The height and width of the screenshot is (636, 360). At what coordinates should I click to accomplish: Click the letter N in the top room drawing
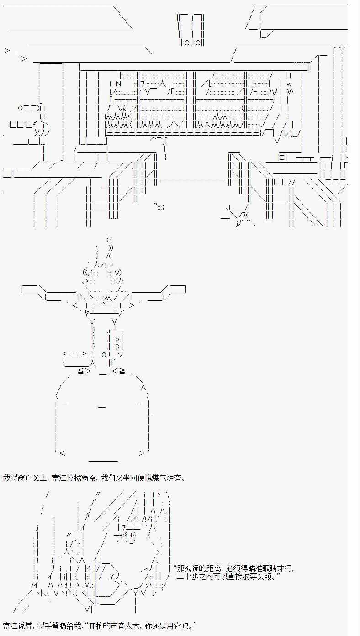pyautogui.click(x=118, y=84)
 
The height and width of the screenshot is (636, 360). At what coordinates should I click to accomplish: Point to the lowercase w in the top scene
pyautogui.click(x=289, y=84)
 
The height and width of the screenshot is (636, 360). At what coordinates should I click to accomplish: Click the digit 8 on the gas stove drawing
pyautogui.click(x=117, y=347)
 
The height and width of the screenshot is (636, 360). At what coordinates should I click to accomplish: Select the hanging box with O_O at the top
pyautogui.click(x=190, y=30)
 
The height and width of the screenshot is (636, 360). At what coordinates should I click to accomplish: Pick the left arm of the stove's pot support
pyautogui.click(x=48, y=293)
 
